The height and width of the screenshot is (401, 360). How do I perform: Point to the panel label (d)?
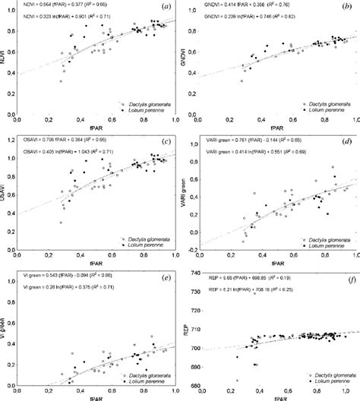click(x=346, y=141)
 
